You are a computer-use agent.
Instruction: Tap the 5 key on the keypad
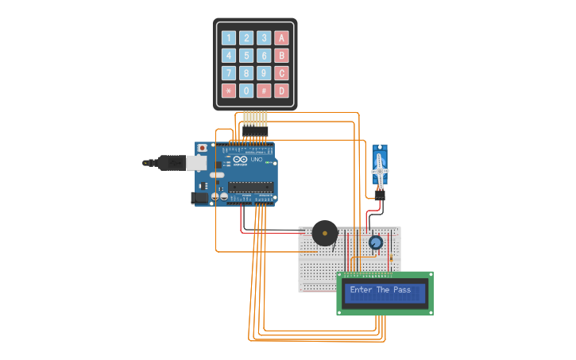click(x=246, y=56)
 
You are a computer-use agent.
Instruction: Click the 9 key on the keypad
click(x=264, y=73)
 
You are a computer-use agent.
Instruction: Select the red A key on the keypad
click(x=281, y=38)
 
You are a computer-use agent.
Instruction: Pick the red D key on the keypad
click(x=281, y=91)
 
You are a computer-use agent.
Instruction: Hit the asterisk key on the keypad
click(x=229, y=91)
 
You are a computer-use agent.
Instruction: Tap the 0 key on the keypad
click(x=246, y=91)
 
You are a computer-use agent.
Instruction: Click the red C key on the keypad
click(x=281, y=73)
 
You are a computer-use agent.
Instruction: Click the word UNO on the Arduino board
click(x=257, y=160)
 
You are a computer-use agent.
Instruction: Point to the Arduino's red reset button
click(x=203, y=148)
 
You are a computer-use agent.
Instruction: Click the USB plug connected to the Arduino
click(x=175, y=163)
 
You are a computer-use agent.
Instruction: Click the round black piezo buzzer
click(x=324, y=234)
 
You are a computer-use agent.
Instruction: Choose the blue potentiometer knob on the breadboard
click(x=375, y=242)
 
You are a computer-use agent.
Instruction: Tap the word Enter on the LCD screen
click(x=361, y=290)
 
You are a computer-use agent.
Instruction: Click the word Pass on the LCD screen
click(x=402, y=290)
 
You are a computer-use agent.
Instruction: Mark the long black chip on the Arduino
click(x=250, y=188)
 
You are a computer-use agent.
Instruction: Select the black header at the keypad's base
click(x=255, y=130)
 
